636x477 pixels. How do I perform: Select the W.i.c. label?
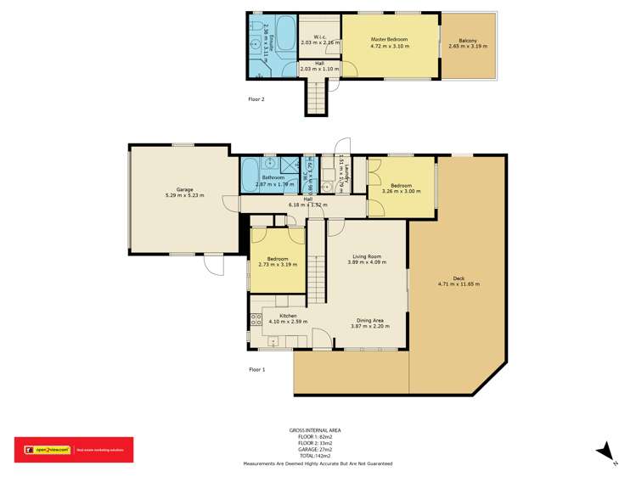320,36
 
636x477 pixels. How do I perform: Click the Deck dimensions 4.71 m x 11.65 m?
459,284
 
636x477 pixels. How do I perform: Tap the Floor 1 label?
256,369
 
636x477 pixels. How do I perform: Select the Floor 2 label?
256,99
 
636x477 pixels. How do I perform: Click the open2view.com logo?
44,450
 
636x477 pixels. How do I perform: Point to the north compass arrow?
605,452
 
